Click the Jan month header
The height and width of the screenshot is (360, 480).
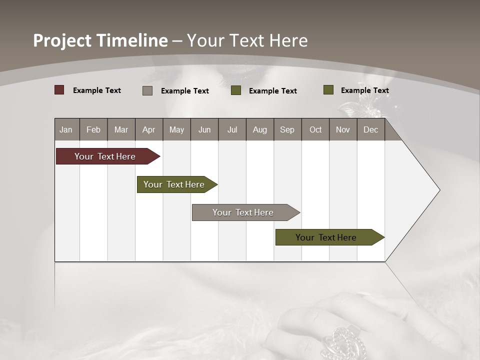66,129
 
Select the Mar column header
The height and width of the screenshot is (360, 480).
121,129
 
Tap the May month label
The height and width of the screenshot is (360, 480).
176,129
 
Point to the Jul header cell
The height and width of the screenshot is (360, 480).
232,129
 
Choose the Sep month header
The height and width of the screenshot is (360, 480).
287,129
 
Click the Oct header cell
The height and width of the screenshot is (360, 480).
315,129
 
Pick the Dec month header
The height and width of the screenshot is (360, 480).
370,129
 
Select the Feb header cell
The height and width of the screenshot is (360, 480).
93,129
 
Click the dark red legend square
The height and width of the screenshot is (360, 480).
59,90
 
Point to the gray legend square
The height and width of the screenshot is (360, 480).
147,90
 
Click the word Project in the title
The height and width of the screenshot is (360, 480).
62,40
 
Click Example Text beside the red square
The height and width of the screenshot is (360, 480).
97,90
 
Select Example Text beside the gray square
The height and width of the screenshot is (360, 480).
185,91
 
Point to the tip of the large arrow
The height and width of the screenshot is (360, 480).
439,190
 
